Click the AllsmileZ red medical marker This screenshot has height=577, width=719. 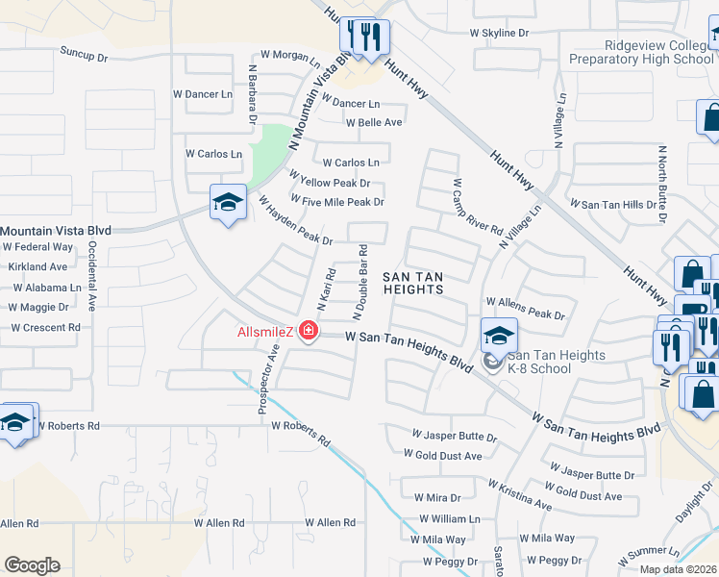(x=309, y=333)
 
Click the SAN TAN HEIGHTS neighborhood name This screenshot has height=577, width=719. (x=413, y=283)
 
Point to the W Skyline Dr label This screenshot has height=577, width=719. (x=499, y=33)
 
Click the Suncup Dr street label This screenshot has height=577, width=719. (x=84, y=55)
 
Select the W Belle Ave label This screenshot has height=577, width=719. (x=374, y=122)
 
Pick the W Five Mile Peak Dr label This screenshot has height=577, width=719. (x=336, y=201)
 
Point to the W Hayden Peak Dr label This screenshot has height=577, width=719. (x=295, y=220)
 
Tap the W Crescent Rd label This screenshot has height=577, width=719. (x=45, y=328)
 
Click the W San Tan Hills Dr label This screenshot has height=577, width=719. (x=612, y=204)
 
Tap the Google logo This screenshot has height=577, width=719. (x=32, y=565)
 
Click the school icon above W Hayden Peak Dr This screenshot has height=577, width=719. (x=228, y=202)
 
